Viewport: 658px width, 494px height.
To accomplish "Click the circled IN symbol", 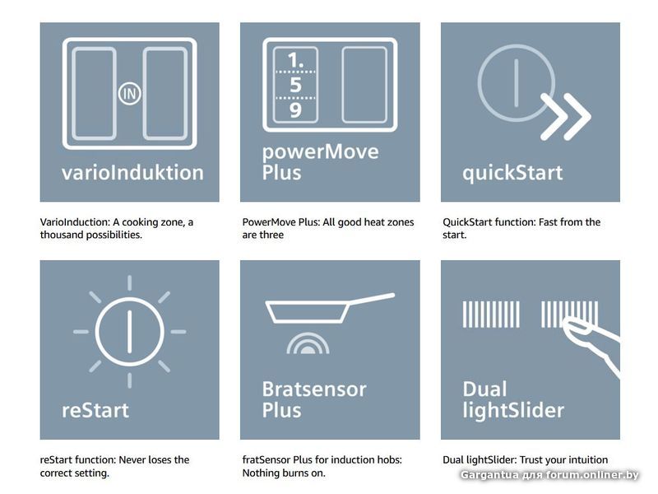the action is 129,94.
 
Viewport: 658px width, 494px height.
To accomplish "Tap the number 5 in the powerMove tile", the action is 295,85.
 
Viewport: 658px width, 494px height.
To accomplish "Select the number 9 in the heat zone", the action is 295,110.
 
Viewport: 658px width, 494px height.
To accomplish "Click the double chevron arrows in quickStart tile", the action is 565,117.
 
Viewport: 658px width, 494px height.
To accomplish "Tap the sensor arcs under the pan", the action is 308,343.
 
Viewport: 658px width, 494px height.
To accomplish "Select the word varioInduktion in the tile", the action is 132,172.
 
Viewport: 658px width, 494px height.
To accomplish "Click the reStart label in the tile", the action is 95,410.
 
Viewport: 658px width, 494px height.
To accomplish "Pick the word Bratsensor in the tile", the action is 314,389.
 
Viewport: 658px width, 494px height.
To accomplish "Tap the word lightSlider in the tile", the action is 513,410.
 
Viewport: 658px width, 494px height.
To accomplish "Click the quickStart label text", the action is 512,173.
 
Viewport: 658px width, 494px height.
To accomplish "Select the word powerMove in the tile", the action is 320,152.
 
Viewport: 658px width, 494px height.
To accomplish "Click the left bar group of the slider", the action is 491,314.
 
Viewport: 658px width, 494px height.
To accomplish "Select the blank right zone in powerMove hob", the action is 364,85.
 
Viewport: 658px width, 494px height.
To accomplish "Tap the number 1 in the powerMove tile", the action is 294,60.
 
